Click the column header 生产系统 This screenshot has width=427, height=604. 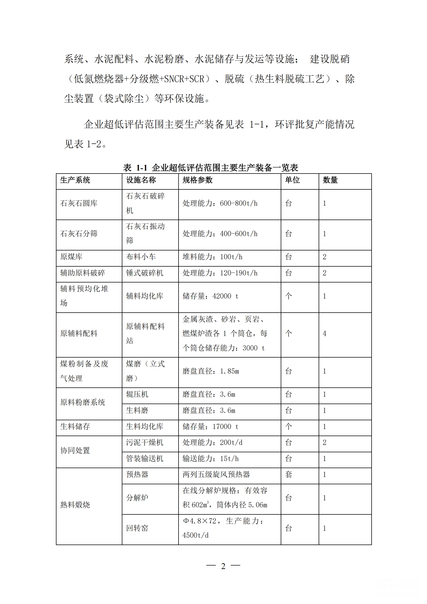pos(75,180)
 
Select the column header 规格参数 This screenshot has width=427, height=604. pos(197,180)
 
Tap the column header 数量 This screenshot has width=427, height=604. pos(330,180)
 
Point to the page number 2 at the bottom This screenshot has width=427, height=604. pos(223,566)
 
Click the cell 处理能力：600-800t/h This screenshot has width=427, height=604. pos(220,203)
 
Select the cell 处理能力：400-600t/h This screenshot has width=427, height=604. pos(220,234)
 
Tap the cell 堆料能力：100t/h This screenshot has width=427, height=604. pos(212,257)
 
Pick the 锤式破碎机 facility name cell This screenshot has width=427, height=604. pos(145,273)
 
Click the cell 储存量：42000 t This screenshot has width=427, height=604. pos(210,296)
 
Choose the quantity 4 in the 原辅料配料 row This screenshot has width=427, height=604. pos(325,334)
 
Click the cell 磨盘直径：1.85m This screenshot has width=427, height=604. pos(211,371)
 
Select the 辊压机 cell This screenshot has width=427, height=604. pos(137,394)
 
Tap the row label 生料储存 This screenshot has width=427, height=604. pos(75,426)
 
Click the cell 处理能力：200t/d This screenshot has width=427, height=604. pos(212,443)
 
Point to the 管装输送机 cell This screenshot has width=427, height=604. pos(145,459)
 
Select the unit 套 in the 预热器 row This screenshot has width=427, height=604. pos(289,474)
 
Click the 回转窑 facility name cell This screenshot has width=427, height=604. pos(137,528)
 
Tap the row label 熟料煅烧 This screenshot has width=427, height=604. pos(75,505)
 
